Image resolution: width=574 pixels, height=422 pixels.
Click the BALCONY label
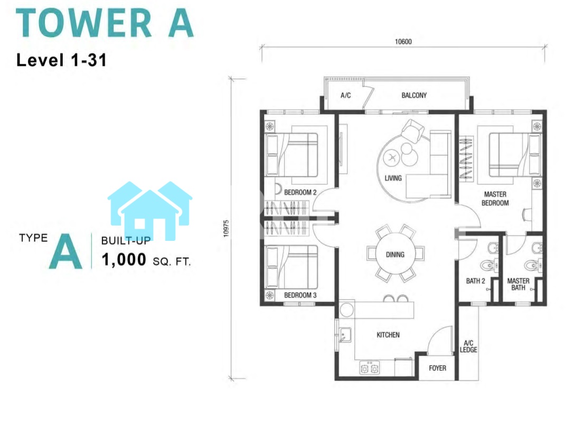(414, 96)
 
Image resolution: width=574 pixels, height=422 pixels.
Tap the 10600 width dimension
(403, 42)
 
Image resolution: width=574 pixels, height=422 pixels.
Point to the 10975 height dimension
(226, 228)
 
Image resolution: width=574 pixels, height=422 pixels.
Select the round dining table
(396, 254)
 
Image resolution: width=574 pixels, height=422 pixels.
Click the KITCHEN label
(388, 335)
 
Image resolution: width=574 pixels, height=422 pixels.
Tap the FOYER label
(437, 368)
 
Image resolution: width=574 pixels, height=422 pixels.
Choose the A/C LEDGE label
(468, 346)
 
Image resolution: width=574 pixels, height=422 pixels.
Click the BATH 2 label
(476, 281)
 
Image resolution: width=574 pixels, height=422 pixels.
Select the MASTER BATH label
(519, 284)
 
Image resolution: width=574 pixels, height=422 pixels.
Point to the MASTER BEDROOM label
(495, 199)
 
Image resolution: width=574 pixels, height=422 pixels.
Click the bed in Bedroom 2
(292, 155)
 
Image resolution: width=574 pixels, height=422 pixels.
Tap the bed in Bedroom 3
(292, 267)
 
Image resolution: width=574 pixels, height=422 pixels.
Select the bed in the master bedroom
(515, 155)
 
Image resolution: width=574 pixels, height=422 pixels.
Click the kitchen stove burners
(369, 368)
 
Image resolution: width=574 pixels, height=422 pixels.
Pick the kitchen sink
(345, 335)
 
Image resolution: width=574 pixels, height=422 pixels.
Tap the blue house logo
(150, 210)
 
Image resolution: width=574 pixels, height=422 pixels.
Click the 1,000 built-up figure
(124, 259)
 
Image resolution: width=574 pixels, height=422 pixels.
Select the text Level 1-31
(61, 60)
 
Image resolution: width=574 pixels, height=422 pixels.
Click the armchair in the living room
(412, 130)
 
